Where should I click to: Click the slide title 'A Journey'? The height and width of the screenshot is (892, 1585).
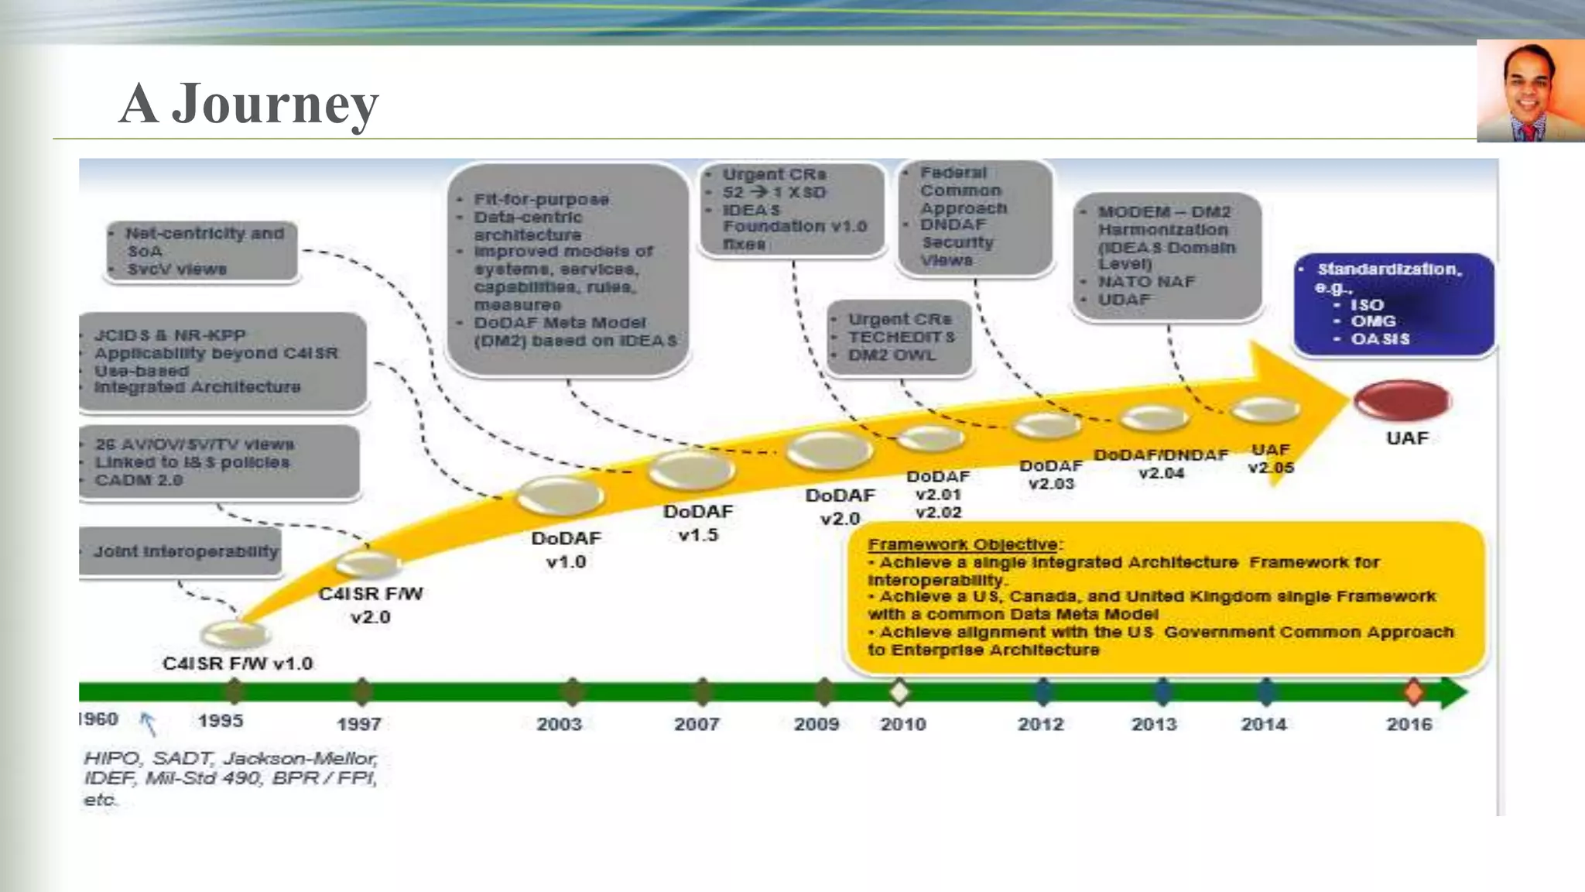click(248, 103)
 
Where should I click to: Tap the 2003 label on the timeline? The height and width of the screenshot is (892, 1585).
click(559, 724)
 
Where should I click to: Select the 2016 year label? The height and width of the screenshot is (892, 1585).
click(1409, 724)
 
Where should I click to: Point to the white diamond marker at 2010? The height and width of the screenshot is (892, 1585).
click(899, 691)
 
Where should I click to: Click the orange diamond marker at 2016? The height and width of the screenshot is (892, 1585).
click(1414, 691)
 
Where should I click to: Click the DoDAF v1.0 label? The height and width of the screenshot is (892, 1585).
click(566, 550)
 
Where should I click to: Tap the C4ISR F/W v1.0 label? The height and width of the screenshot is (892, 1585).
click(238, 664)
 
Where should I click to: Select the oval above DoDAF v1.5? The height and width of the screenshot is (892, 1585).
click(691, 468)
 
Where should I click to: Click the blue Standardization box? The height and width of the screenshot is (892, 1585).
click(1393, 304)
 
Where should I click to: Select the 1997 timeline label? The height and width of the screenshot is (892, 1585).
click(359, 725)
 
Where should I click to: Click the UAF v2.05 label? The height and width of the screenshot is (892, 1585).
click(1271, 458)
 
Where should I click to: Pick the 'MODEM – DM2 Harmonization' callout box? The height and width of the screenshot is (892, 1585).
click(1167, 256)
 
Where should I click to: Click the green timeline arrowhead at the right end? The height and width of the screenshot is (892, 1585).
click(1453, 691)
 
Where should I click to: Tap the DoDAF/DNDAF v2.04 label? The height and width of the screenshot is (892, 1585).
click(1161, 464)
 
